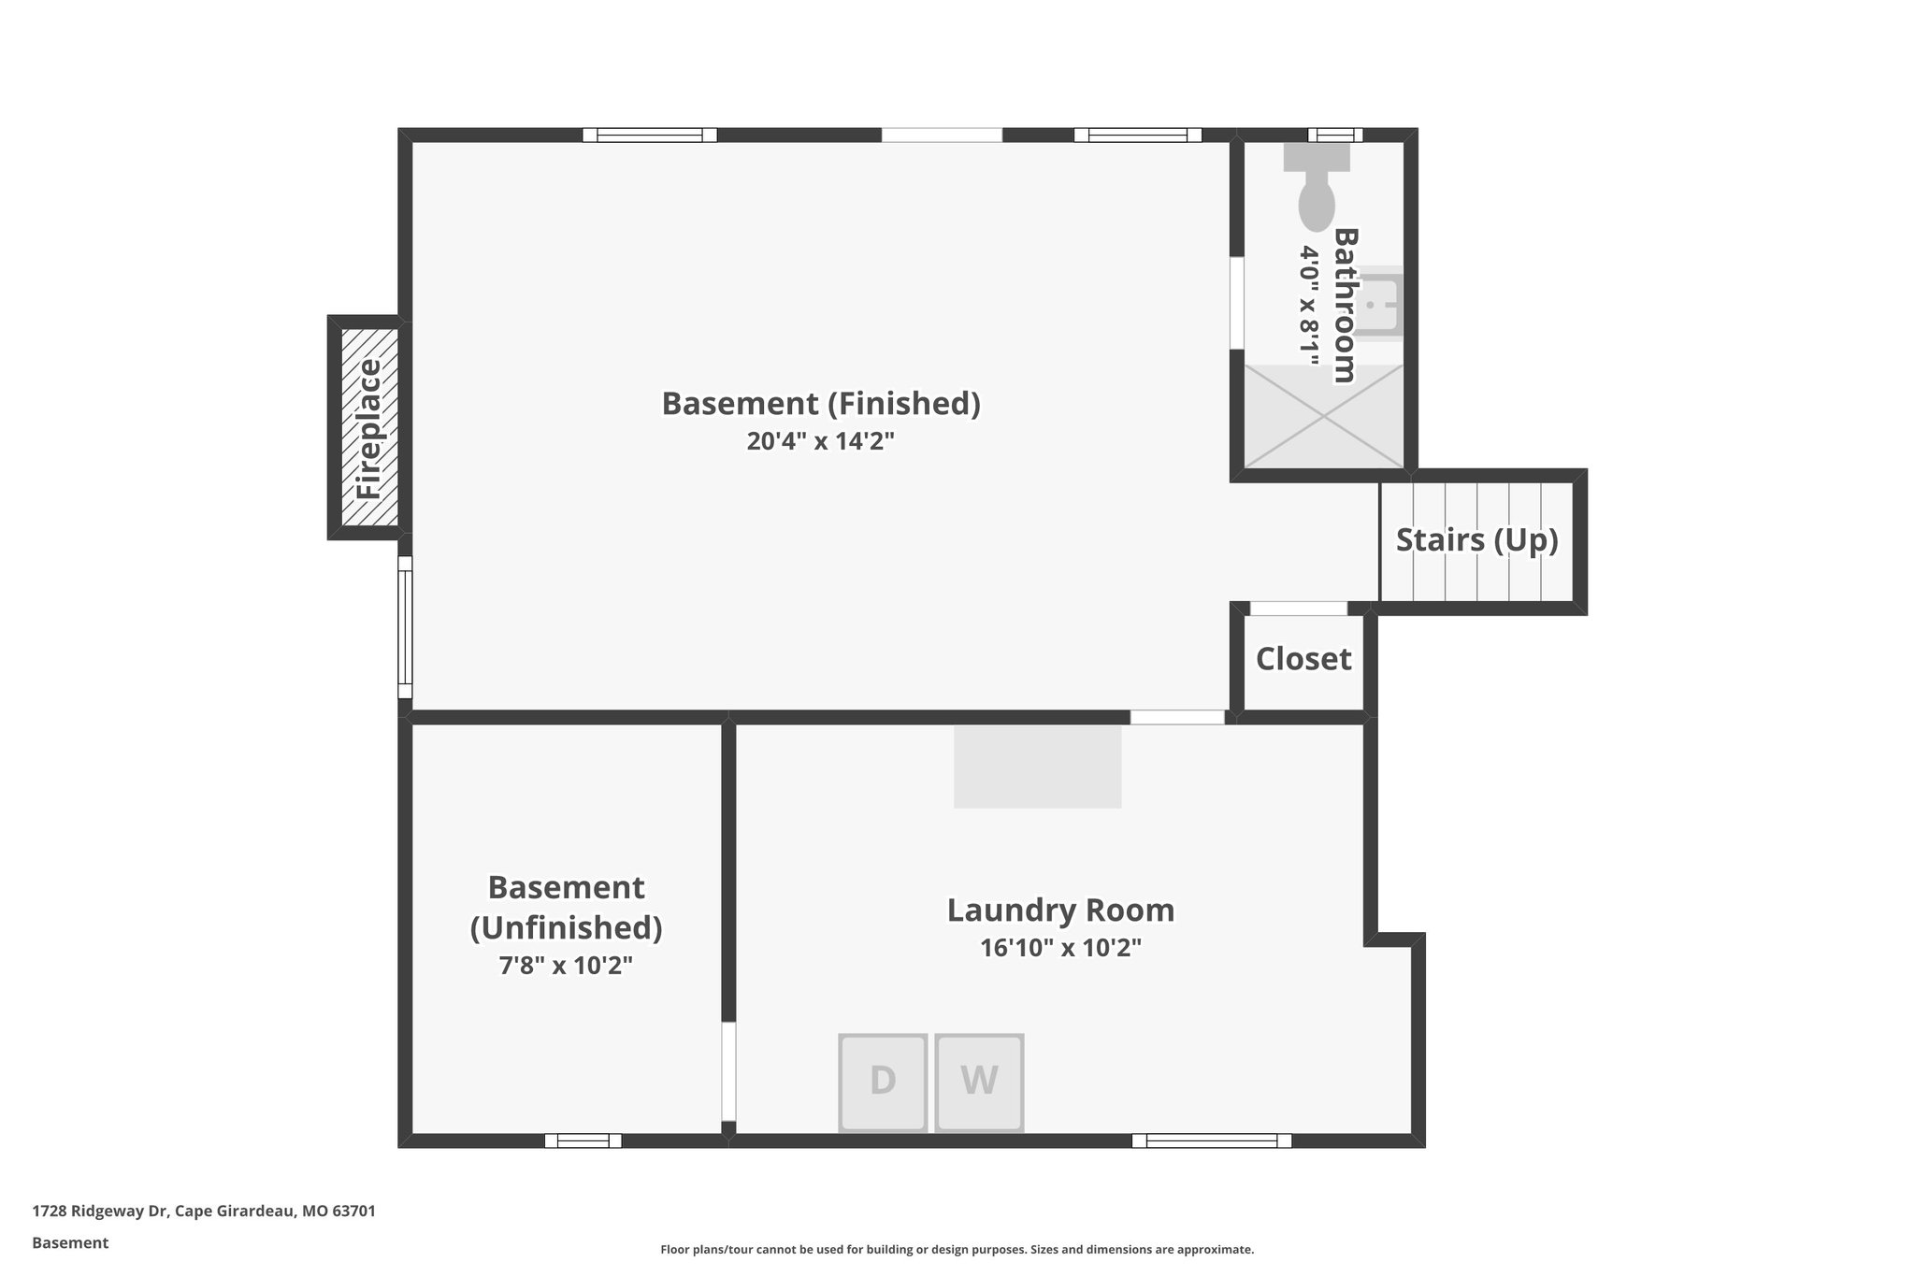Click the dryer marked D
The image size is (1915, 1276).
(883, 1082)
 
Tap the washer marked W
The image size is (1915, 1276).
(979, 1082)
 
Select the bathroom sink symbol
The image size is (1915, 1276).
(1379, 304)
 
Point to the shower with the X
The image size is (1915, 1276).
(1323, 416)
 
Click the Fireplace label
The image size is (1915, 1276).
(369, 428)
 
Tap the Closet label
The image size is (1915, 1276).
(1303, 659)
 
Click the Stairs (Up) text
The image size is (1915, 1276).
(1476, 540)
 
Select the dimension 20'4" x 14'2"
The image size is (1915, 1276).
(820, 441)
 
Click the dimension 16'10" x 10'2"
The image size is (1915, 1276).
(1060, 948)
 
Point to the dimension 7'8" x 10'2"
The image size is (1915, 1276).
(566, 965)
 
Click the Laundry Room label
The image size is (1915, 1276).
(1060, 910)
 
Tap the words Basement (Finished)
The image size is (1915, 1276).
(820, 404)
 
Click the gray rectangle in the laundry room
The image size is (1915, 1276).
(1037, 767)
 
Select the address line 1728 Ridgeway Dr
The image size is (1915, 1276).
(204, 1211)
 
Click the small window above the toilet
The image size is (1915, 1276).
(1334, 135)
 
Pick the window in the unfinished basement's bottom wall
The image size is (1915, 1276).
(583, 1140)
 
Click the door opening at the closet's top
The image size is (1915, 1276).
(1299, 609)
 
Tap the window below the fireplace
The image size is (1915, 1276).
(405, 627)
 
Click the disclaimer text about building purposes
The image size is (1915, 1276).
(957, 1249)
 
